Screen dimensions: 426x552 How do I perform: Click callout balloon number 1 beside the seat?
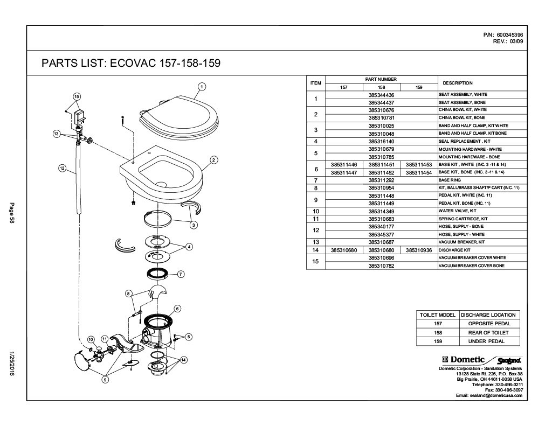click(201, 86)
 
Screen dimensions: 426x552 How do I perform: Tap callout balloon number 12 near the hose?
click(62, 168)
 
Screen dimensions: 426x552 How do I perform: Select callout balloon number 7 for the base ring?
click(181, 274)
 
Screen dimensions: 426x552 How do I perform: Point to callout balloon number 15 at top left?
click(77, 96)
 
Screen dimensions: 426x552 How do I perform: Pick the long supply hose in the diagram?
click(78, 178)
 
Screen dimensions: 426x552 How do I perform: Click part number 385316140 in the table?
click(381, 141)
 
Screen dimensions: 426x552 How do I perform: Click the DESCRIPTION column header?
click(457, 83)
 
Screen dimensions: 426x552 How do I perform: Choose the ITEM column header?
click(316, 83)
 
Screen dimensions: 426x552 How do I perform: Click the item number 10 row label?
click(316, 211)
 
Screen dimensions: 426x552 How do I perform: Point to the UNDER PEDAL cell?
click(489, 341)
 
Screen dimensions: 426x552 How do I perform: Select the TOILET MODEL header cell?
click(437, 315)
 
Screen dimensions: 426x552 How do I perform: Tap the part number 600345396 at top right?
click(509, 35)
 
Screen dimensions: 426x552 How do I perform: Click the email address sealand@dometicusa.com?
click(489, 395)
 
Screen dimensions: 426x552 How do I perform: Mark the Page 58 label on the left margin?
click(11, 213)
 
